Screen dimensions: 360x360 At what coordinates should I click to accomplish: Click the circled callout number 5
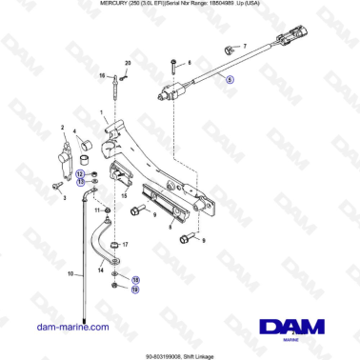point(228,81)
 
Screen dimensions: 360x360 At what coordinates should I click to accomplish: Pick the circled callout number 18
point(134,280)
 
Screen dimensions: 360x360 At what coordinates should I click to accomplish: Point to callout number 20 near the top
point(127,64)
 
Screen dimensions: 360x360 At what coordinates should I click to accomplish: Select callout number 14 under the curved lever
point(98,270)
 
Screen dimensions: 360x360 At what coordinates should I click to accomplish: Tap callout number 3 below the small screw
point(64,199)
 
